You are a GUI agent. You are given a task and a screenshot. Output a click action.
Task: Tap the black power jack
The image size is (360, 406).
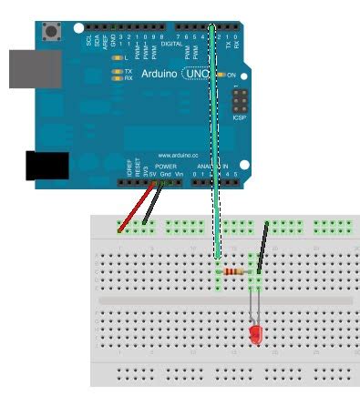[48, 167]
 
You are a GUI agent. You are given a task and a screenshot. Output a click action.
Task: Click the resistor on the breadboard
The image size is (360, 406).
[239, 271]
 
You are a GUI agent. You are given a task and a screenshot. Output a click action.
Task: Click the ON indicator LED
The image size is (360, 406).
[221, 75]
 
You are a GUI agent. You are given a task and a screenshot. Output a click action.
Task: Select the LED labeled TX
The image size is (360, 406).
[117, 71]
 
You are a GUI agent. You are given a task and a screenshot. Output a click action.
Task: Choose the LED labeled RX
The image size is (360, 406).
[117, 78]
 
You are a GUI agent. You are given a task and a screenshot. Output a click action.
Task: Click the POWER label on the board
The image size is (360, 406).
[165, 167]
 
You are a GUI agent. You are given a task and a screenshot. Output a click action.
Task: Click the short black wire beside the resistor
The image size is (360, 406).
[262, 246]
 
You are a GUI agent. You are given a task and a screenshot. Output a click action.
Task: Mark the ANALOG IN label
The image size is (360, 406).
[211, 167]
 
